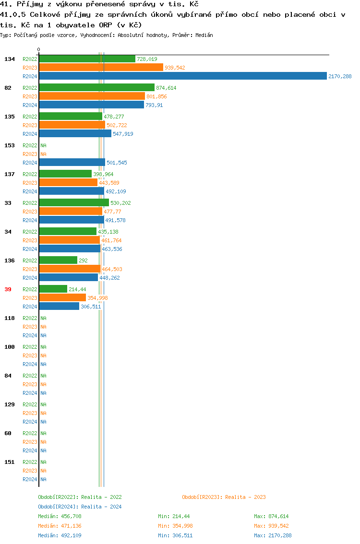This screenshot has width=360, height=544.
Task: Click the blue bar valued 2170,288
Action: click(182, 76)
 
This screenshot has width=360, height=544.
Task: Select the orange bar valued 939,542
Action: click(101, 68)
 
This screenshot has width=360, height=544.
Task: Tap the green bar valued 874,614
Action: click(96, 88)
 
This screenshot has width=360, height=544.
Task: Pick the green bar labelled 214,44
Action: click(53, 289)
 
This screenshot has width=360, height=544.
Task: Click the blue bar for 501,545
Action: click(72, 163)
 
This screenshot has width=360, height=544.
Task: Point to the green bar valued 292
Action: click(58, 260)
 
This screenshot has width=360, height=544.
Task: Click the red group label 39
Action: click(8, 289)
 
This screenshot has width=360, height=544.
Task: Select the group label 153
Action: click(10, 145)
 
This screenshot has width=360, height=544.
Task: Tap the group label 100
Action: click(10, 347)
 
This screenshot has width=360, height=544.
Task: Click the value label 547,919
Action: click(123, 134)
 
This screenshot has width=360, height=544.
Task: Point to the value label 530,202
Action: click(120, 203)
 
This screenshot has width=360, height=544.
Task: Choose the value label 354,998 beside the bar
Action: click(97, 298)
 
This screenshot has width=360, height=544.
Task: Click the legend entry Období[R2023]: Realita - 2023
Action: click(224, 497)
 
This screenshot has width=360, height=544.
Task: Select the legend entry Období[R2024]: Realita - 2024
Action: click(80, 507)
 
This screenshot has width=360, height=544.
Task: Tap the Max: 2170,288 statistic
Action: click(273, 535)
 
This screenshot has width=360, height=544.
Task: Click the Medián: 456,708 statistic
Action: click(63, 516)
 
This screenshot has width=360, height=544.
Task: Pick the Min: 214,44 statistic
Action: click(174, 516)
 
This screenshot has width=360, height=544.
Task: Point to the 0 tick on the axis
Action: click(39, 49)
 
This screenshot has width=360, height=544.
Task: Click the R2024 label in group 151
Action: click(30, 479)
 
